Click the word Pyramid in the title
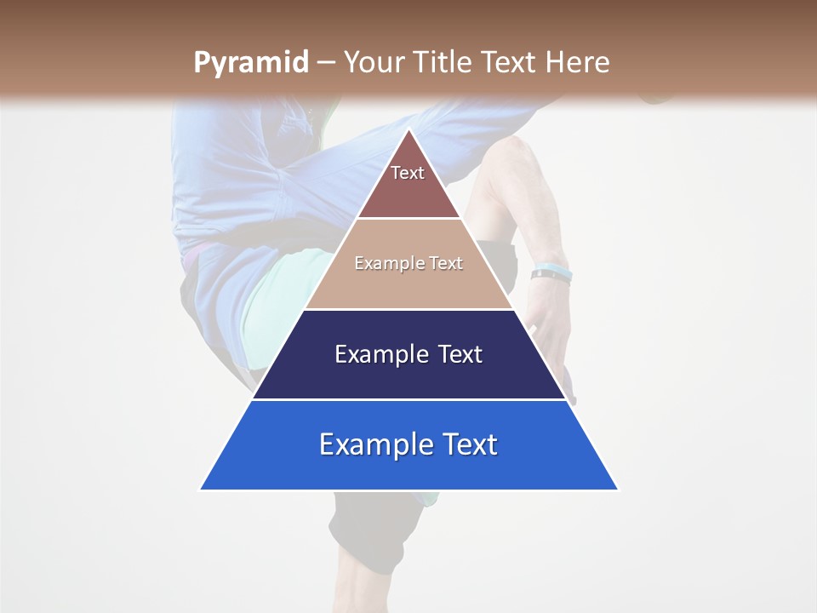pyautogui.click(x=250, y=62)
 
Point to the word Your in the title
pyautogui.click(x=374, y=62)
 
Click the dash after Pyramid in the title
pyautogui.click(x=325, y=63)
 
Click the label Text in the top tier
pyautogui.click(x=408, y=173)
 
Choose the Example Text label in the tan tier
pyautogui.click(x=408, y=263)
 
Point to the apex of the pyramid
pyautogui.click(x=408, y=130)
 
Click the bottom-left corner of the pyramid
pyautogui.click(x=201, y=489)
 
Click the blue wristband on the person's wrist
pyautogui.click(x=551, y=274)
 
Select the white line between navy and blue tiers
pyautogui.click(x=408, y=399)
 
